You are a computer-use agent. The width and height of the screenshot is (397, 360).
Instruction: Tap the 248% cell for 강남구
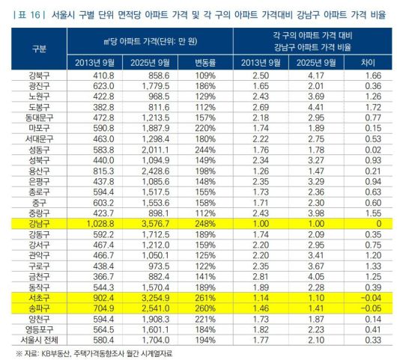point(199,223)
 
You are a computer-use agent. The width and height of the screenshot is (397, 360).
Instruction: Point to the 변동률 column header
point(199,61)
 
